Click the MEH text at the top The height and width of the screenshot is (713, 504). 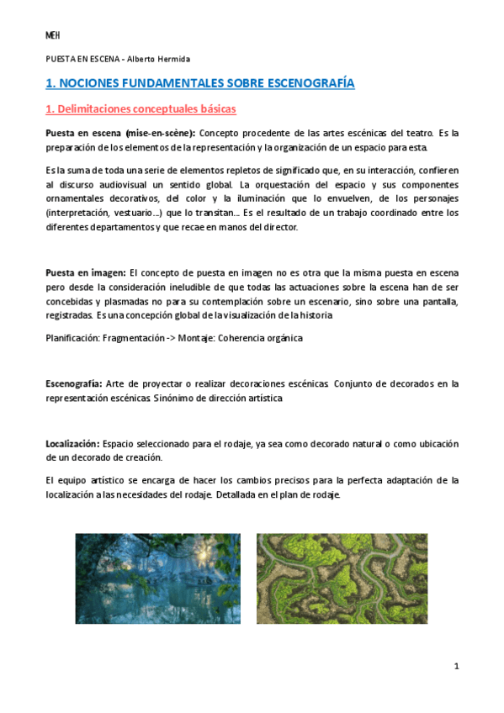(50, 35)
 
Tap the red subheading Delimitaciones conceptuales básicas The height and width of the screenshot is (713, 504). (146, 109)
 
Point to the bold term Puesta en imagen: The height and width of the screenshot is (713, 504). (85, 272)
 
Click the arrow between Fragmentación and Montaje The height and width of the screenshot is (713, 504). (177, 338)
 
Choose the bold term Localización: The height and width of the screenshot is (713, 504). (72, 444)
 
